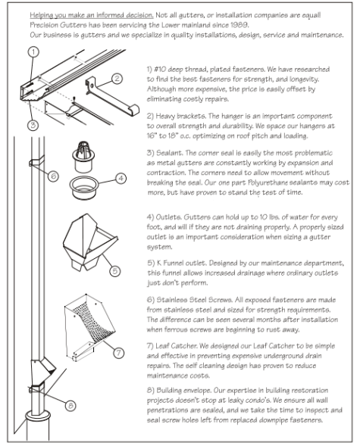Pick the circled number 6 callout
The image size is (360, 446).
click(53, 175)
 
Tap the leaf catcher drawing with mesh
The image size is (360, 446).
click(89, 320)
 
